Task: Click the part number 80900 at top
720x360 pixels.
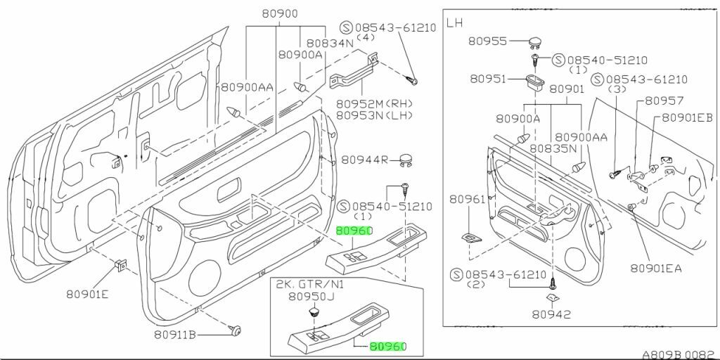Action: [x=280, y=14]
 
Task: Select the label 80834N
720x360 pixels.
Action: [x=330, y=43]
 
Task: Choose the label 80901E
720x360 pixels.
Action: [x=87, y=295]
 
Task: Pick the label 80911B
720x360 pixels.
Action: [x=175, y=335]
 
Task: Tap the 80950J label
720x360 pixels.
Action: [x=311, y=297]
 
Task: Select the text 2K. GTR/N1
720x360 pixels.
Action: [x=310, y=284]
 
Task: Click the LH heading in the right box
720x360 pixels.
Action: [x=455, y=23]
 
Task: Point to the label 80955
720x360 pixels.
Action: [x=488, y=41]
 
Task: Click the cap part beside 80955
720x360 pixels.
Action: [x=535, y=44]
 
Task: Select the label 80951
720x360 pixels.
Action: [x=488, y=79]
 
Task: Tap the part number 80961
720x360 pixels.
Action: [x=467, y=199]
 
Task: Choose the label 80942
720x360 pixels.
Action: [x=551, y=314]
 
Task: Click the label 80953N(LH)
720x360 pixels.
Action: [x=375, y=115]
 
